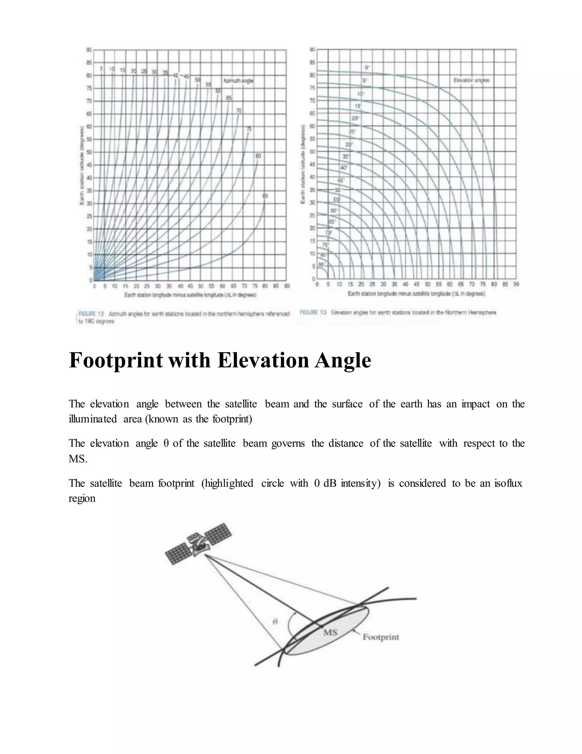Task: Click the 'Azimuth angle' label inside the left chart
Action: [238, 81]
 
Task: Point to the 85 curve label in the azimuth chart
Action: [265, 196]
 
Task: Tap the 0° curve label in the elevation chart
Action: [367, 68]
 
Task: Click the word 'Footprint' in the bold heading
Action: [115, 360]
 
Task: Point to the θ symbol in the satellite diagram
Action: [275, 621]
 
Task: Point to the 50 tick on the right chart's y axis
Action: [313, 152]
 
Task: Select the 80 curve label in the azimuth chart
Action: [258, 156]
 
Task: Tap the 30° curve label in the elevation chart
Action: [349, 144]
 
